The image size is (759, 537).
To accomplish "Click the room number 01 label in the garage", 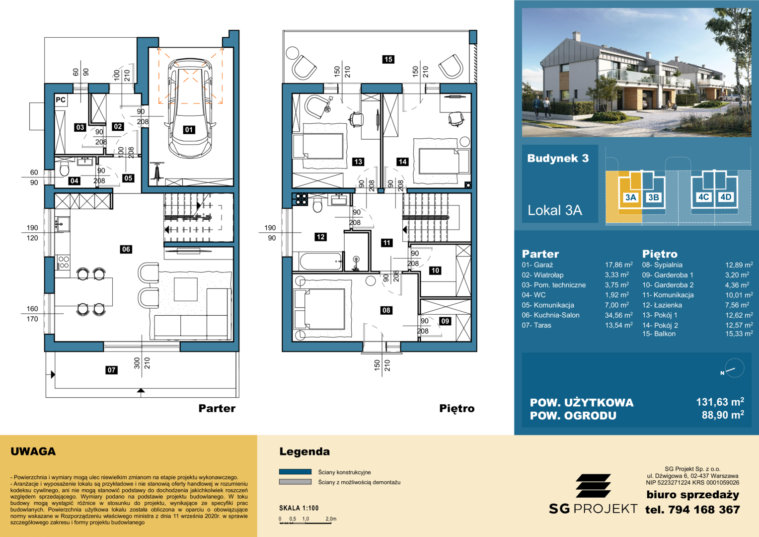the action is (189, 130).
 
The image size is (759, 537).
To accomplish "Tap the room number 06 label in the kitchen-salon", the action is (126, 249).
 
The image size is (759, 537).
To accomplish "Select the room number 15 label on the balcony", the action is (388, 59).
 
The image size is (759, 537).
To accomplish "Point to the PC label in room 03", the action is (61, 100).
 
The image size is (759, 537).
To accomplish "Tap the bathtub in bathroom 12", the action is (320, 261).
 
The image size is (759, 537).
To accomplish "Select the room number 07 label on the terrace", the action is (111, 370).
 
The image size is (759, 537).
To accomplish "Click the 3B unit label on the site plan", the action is (653, 197).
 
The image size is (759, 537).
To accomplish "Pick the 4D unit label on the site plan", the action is (726, 197).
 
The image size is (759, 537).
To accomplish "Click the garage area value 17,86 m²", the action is (619, 265).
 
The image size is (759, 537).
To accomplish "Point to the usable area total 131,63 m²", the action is (720, 402).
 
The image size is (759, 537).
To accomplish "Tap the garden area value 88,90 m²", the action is (723, 415).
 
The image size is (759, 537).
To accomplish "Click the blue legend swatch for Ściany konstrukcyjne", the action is (295, 471).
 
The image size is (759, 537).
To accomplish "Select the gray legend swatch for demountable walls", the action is (295, 482).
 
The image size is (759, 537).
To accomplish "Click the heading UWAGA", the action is (33, 451).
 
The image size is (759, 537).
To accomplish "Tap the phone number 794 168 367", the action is (704, 510).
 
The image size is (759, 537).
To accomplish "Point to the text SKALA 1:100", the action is (299, 508).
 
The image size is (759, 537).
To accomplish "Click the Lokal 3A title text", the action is (555, 210).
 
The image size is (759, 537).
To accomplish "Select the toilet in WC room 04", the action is (64, 169).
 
